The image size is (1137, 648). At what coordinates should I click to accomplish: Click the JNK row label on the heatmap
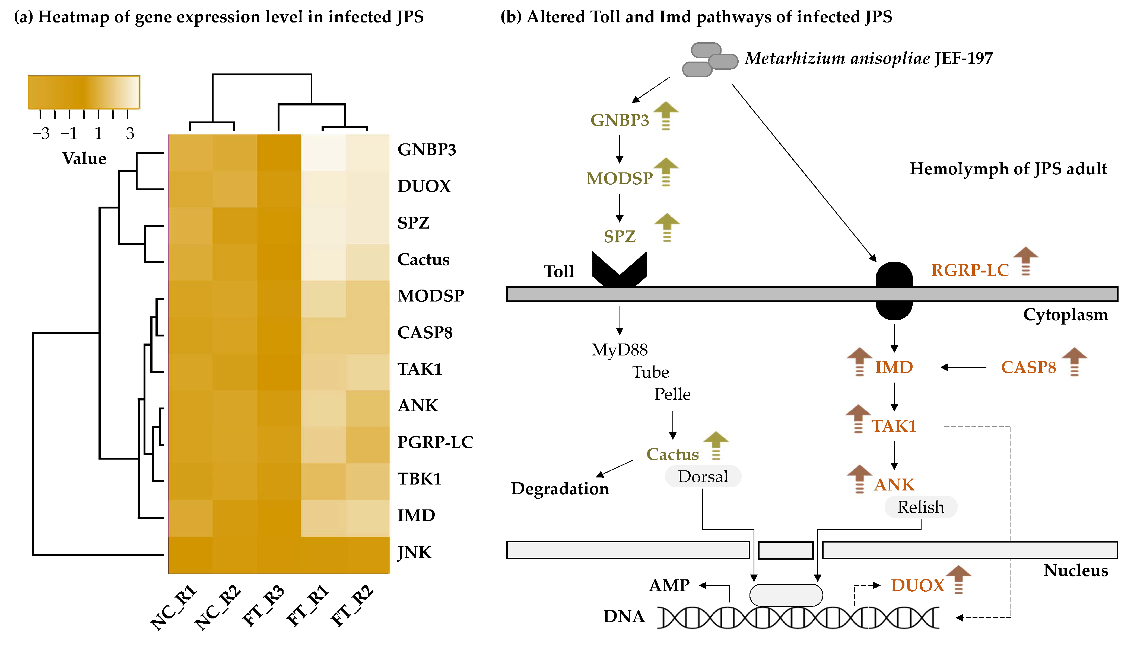pyautogui.click(x=414, y=552)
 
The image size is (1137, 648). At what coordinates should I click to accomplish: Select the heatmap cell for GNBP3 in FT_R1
pyautogui.click(x=323, y=153)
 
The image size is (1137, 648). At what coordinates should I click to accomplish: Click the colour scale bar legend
pyautogui.click(x=84, y=92)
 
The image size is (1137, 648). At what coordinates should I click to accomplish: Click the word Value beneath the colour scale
pyautogui.click(x=84, y=158)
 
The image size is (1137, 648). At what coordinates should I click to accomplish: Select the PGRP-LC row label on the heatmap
pyautogui.click(x=435, y=442)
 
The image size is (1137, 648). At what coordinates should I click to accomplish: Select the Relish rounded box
pyautogui.click(x=920, y=507)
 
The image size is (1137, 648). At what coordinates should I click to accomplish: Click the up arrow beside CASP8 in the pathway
pyautogui.click(x=1074, y=361)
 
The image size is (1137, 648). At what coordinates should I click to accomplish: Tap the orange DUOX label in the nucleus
pyautogui.click(x=917, y=585)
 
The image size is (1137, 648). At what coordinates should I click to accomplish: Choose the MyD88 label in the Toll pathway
pyautogui.click(x=619, y=350)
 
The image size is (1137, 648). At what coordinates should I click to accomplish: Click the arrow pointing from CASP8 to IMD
pyautogui.click(x=963, y=367)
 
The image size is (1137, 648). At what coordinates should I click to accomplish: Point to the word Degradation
pyautogui.click(x=559, y=489)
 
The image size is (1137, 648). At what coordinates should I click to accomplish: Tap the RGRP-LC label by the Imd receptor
pyautogui.click(x=970, y=270)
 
